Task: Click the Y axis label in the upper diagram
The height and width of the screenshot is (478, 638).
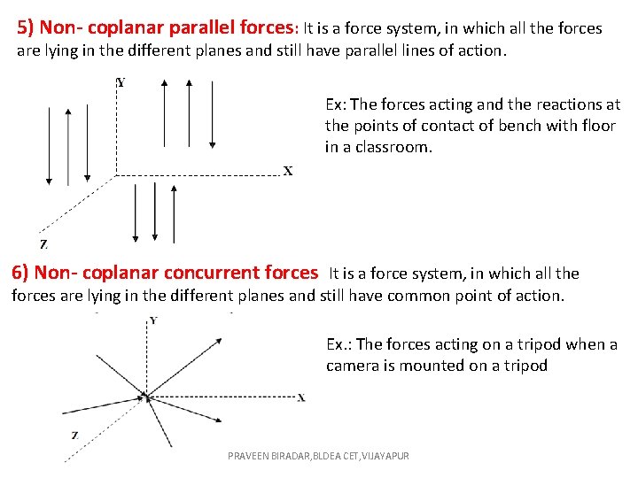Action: pos(121,82)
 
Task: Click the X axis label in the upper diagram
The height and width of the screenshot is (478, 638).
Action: pos(288,171)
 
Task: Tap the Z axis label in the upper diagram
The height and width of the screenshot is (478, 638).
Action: pos(43,244)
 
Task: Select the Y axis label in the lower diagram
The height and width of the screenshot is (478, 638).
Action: pos(153,320)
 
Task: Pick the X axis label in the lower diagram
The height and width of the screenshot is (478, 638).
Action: pos(301,397)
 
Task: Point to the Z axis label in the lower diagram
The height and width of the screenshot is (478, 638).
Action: pos(74,436)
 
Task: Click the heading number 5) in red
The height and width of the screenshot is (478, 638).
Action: pos(27,28)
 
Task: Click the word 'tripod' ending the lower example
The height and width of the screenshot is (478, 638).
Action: pos(525,366)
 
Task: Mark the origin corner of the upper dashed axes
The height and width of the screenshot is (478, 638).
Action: pos(116,175)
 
